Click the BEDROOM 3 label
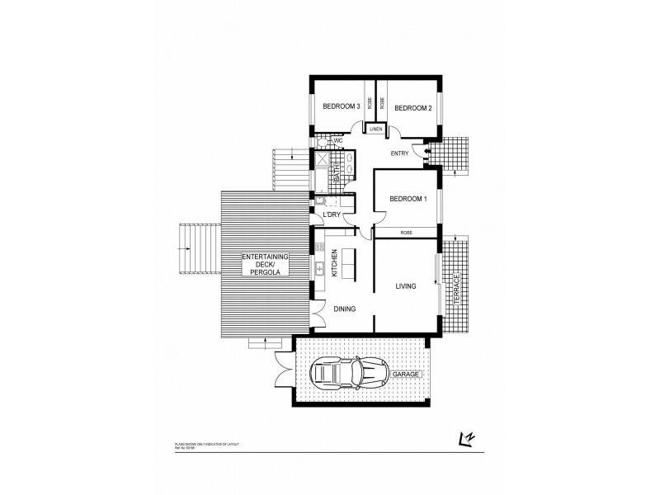point(340,106)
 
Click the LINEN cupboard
point(376,130)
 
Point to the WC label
point(338,140)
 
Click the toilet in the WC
point(324,141)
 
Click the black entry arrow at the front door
point(426,151)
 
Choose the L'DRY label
point(332,214)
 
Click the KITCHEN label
point(335,262)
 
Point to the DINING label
point(345,309)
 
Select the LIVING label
point(405,285)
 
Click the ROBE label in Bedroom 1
point(407,233)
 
